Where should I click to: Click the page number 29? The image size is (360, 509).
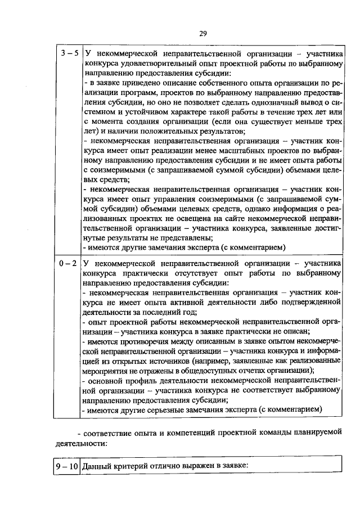coord(202,33)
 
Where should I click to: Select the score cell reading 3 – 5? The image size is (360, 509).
coord(69,54)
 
